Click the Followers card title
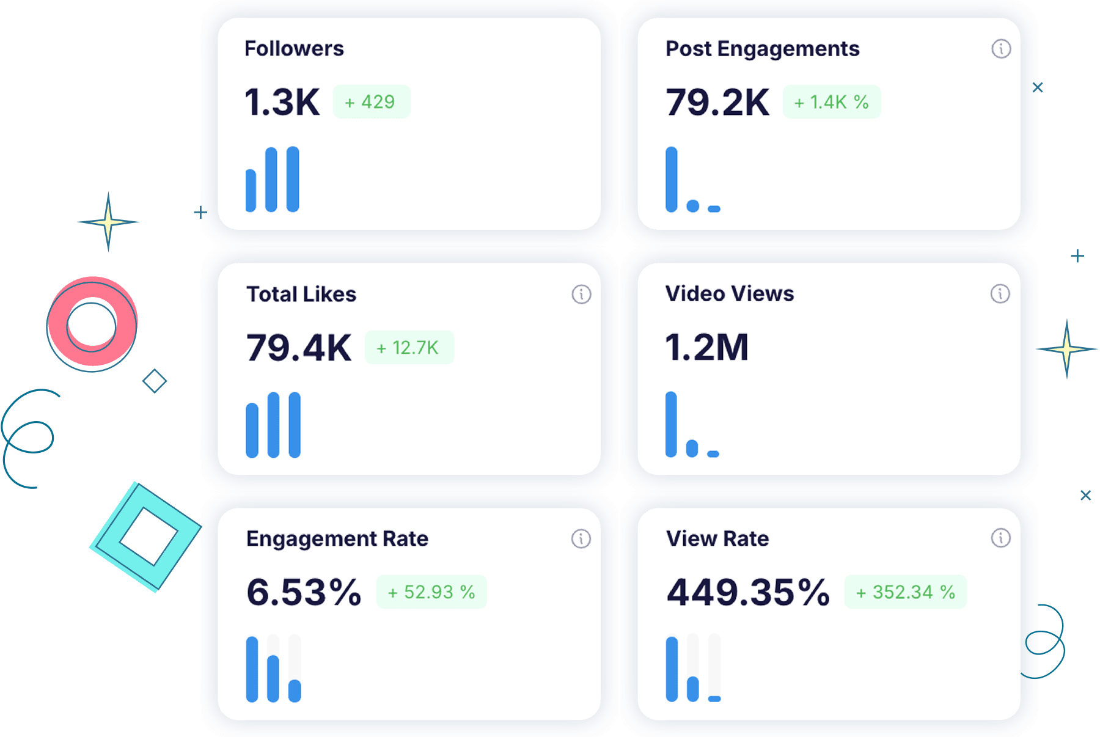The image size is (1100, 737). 294,49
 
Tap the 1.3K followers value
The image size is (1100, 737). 282,102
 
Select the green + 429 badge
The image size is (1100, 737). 371,102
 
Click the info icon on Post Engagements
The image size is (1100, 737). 1000,49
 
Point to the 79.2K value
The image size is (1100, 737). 717,102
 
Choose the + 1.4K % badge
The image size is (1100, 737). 831,102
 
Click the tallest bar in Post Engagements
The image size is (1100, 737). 672,179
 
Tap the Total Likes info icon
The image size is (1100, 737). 581,295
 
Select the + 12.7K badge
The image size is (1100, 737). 409,348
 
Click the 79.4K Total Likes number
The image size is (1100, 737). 299,348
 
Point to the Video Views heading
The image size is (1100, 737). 730,294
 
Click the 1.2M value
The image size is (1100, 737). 706,347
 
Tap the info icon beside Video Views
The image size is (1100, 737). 1000,294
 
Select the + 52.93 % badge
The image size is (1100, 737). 431,592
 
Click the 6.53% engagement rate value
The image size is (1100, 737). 304,592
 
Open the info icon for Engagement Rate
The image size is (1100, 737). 581,539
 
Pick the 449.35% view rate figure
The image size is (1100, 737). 748,592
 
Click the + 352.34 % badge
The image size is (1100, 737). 905,592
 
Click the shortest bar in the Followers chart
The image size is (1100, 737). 251,191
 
